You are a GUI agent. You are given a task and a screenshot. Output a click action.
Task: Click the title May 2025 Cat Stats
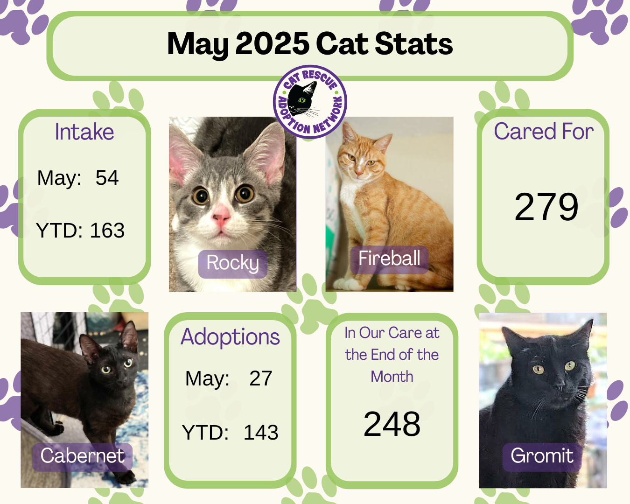coord(310,44)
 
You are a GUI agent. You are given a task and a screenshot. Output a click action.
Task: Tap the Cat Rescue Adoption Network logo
coord(310,102)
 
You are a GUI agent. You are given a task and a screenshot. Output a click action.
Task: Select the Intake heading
coord(84,132)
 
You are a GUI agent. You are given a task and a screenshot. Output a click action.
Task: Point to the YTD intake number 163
coord(107,230)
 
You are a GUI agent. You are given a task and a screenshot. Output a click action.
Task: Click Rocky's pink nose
coord(221,217)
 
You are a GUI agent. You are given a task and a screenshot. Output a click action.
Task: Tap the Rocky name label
coord(233,264)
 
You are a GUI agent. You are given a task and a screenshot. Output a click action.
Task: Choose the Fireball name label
coord(389,260)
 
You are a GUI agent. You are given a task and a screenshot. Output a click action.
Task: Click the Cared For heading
coord(544,131)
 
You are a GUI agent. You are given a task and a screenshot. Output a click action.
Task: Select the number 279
coord(546,207)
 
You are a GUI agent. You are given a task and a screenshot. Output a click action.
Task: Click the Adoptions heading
coord(230,337)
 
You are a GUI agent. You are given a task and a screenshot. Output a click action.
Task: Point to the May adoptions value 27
coord(261,378)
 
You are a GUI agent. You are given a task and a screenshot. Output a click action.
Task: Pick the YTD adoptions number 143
coord(261,432)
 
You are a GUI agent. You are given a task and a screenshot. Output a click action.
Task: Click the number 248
coord(392,424)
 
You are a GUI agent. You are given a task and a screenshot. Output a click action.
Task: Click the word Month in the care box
coord(392,377)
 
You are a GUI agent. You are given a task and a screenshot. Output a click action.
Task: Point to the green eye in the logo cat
coord(302,100)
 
